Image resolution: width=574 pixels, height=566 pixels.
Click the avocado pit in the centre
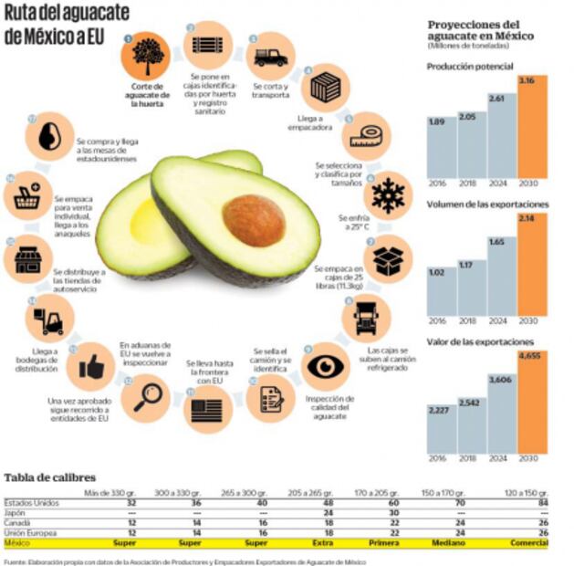[x=253, y=219]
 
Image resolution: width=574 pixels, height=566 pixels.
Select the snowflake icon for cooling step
[x=388, y=194]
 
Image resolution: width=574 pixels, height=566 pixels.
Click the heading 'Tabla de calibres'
[x=50, y=477]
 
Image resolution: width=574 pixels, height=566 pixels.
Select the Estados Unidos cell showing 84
[x=542, y=503]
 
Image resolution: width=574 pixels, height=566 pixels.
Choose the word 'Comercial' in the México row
[x=530, y=543]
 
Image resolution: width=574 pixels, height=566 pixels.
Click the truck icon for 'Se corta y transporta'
[x=271, y=58]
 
